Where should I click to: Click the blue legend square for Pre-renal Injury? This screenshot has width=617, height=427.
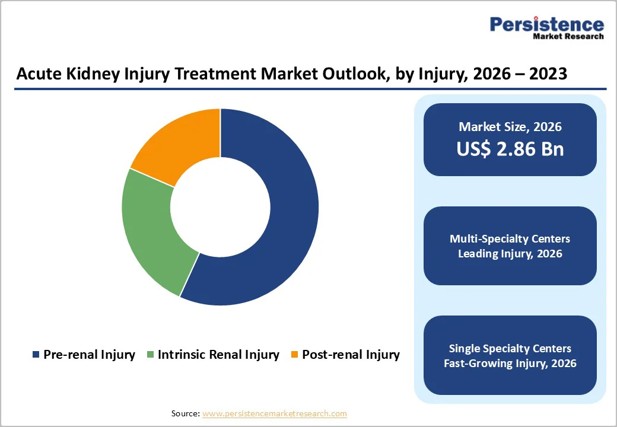(x=36, y=355)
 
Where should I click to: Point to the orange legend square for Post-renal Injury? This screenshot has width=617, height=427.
(x=294, y=355)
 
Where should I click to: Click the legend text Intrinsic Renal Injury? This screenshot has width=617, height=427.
(x=218, y=355)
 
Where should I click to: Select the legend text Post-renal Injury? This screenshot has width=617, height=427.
(x=351, y=355)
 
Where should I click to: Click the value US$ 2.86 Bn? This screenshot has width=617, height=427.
(x=510, y=149)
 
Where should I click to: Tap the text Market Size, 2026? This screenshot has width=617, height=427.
(x=510, y=126)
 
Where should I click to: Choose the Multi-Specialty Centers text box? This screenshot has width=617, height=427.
(x=510, y=246)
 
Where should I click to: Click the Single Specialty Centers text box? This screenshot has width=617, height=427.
(x=510, y=355)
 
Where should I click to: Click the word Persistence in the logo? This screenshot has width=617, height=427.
(x=546, y=24)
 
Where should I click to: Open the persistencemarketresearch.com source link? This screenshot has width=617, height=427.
(x=274, y=413)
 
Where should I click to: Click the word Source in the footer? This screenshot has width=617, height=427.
(x=185, y=413)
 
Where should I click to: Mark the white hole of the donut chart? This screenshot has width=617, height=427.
(x=220, y=207)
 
